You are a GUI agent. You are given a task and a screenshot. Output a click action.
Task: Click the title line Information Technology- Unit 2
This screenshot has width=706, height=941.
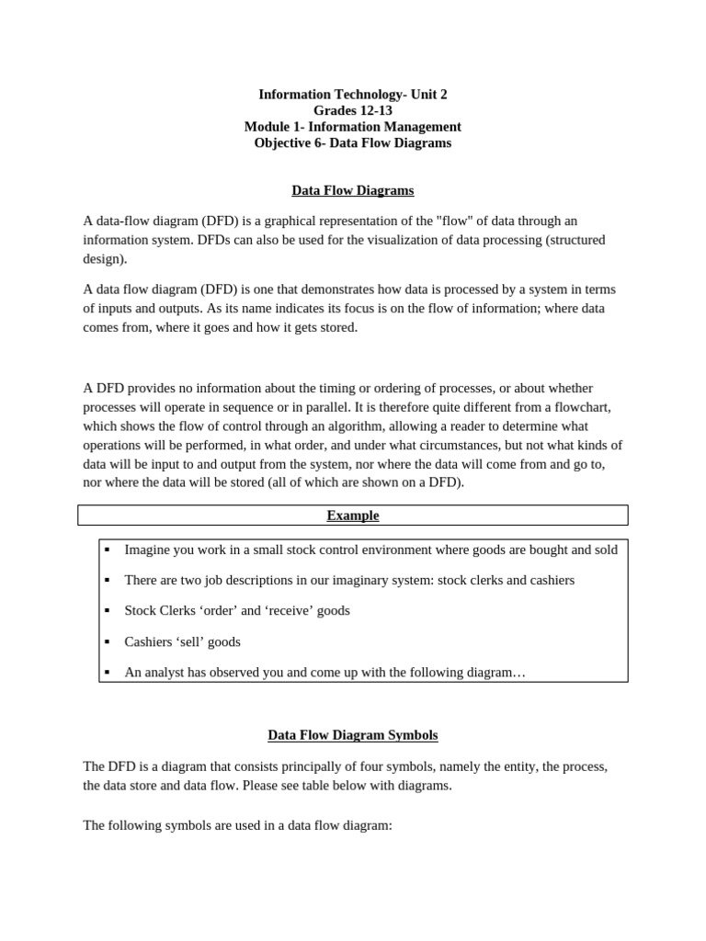coord(353,95)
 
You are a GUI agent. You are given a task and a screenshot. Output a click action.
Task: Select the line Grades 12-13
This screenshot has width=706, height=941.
coord(353,110)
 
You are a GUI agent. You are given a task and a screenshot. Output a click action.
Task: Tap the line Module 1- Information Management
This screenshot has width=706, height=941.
coord(353,127)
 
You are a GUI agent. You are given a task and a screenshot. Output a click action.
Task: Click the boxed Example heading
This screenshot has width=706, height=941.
coord(353,516)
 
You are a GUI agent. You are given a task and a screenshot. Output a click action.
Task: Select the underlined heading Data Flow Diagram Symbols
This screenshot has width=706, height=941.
coord(353,735)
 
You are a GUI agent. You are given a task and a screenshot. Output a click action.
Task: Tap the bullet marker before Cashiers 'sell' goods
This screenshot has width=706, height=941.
coord(108,641)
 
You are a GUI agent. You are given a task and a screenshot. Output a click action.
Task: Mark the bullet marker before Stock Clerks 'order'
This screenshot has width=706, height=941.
coord(108,610)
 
